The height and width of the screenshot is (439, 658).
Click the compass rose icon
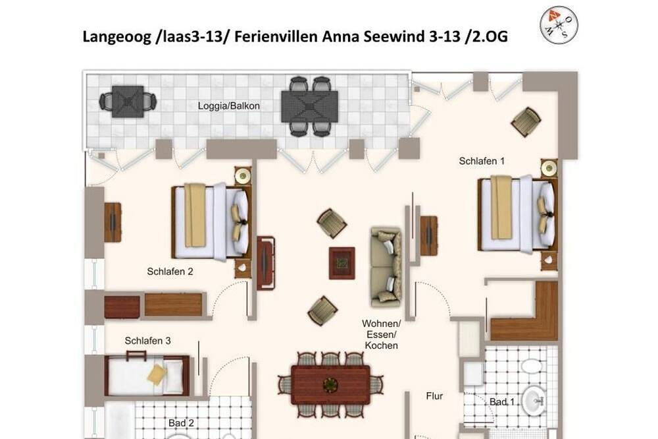[x=559, y=25]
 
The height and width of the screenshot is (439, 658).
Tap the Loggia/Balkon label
[x=229, y=106]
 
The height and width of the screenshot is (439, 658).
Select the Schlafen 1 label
[x=482, y=161]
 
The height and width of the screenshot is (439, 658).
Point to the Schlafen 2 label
[x=170, y=272]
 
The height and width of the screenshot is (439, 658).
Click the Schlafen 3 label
[x=147, y=341]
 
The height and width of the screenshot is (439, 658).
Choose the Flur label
[x=434, y=396]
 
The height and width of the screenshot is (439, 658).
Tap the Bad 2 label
[x=182, y=423]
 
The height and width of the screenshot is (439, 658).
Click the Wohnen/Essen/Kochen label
[x=382, y=335]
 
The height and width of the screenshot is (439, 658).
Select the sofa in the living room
[x=386, y=266]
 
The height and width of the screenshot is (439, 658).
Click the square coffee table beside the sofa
[x=342, y=263]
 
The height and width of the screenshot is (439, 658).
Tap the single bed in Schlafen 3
[x=147, y=375]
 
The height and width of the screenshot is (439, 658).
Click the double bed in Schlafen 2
[x=212, y=222]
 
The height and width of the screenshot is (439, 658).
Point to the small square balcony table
[x=128, y=102]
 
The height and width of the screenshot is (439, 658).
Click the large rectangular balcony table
[x=310, y=106]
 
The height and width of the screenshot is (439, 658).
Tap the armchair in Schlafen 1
[x=526, y=121]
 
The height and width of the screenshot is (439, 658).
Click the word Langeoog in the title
[x=116, y=37]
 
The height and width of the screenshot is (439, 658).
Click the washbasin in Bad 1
[x=535, y=400]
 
